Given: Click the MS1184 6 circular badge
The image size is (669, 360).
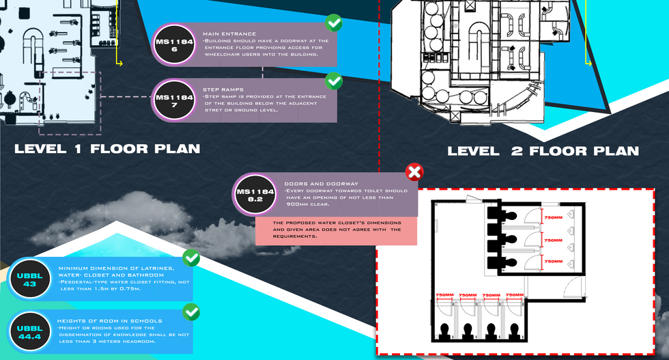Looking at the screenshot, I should (175, 45).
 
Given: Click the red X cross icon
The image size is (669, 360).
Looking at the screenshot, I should (414, 171).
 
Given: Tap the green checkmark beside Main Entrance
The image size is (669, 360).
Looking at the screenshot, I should (333, 24).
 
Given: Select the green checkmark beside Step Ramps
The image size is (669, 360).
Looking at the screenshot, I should (333, 82).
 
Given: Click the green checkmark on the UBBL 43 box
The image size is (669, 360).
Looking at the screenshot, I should (191, 258).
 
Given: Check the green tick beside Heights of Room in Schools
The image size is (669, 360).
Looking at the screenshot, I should (191, 313).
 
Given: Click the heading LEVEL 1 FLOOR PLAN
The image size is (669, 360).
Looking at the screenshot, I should (107, 149).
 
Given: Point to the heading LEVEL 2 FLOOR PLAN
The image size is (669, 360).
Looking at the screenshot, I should (543, 151).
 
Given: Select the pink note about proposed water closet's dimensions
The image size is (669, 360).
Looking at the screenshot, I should (336, 231).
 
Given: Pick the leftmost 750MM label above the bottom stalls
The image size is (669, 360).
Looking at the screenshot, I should (444, 295).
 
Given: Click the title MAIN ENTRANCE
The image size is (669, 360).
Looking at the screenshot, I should (229, 33).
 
